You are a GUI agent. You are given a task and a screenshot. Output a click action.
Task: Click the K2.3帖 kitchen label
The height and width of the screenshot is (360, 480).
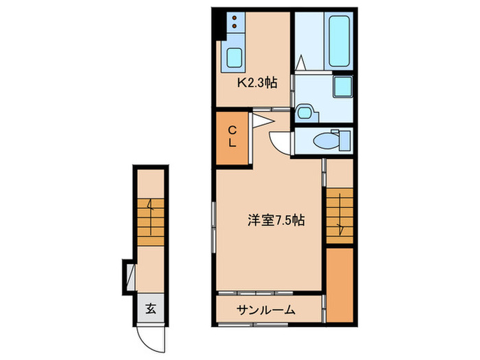(257, 83)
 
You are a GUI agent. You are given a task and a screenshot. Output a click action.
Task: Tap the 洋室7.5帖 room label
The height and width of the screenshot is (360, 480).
(276, 221)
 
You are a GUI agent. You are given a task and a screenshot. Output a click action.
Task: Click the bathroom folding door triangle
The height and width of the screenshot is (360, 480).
(300, 62)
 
